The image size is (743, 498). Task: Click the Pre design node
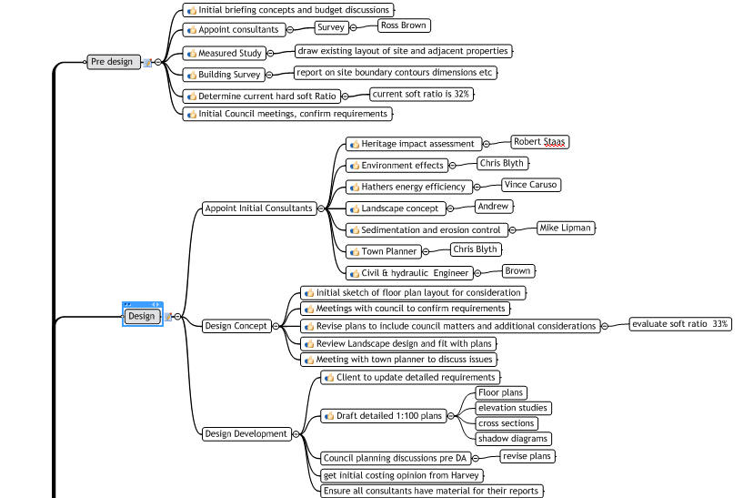(x=114, y=62)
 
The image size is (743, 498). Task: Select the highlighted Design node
(x=142, y=316)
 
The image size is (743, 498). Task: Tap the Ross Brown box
(x=404, y=25)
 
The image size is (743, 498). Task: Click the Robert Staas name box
(x=539, y=141)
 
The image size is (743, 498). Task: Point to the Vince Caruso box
(x=531, y=185)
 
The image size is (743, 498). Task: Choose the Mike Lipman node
(x=566, y=228)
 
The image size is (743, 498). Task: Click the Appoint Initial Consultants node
(x=259, y=208)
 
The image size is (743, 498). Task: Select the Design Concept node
(x=236, y=326)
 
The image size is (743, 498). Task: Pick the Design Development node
(x=246, y=433)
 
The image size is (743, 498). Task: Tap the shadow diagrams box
(x=513, y=439)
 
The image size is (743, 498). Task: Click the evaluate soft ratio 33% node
(x=680, y=324)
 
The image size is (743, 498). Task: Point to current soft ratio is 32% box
(x=421, y=94)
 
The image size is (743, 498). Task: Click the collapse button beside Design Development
(x=296, y=434)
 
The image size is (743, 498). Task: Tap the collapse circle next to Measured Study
(x=270, y=53)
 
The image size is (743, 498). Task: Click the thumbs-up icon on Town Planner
(x=355, y=252)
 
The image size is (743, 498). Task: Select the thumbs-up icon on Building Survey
(x=192, y=75)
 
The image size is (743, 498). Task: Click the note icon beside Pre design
(x=148, y=62)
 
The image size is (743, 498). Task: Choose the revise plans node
(x=527, y=456)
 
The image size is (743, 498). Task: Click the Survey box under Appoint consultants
(x=331, y=27)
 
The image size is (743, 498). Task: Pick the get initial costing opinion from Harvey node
(x=401, y=475)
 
